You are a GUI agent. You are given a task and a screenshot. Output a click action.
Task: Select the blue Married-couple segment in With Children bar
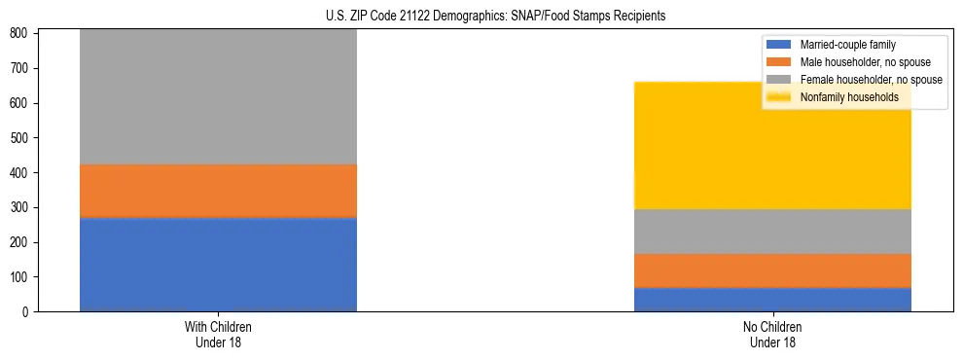pos(218,264)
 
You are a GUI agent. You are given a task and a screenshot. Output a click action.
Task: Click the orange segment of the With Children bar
pos(218,191)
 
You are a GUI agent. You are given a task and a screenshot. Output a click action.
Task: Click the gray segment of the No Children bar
pos(772,232)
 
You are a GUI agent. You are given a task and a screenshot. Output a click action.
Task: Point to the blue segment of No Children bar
pos(772,300)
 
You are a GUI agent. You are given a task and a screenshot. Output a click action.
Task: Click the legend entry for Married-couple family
pos(847,45)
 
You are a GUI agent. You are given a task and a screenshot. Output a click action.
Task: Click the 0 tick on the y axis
pos(27,312)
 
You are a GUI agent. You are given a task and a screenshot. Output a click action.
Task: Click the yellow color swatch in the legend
pos(779,97)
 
